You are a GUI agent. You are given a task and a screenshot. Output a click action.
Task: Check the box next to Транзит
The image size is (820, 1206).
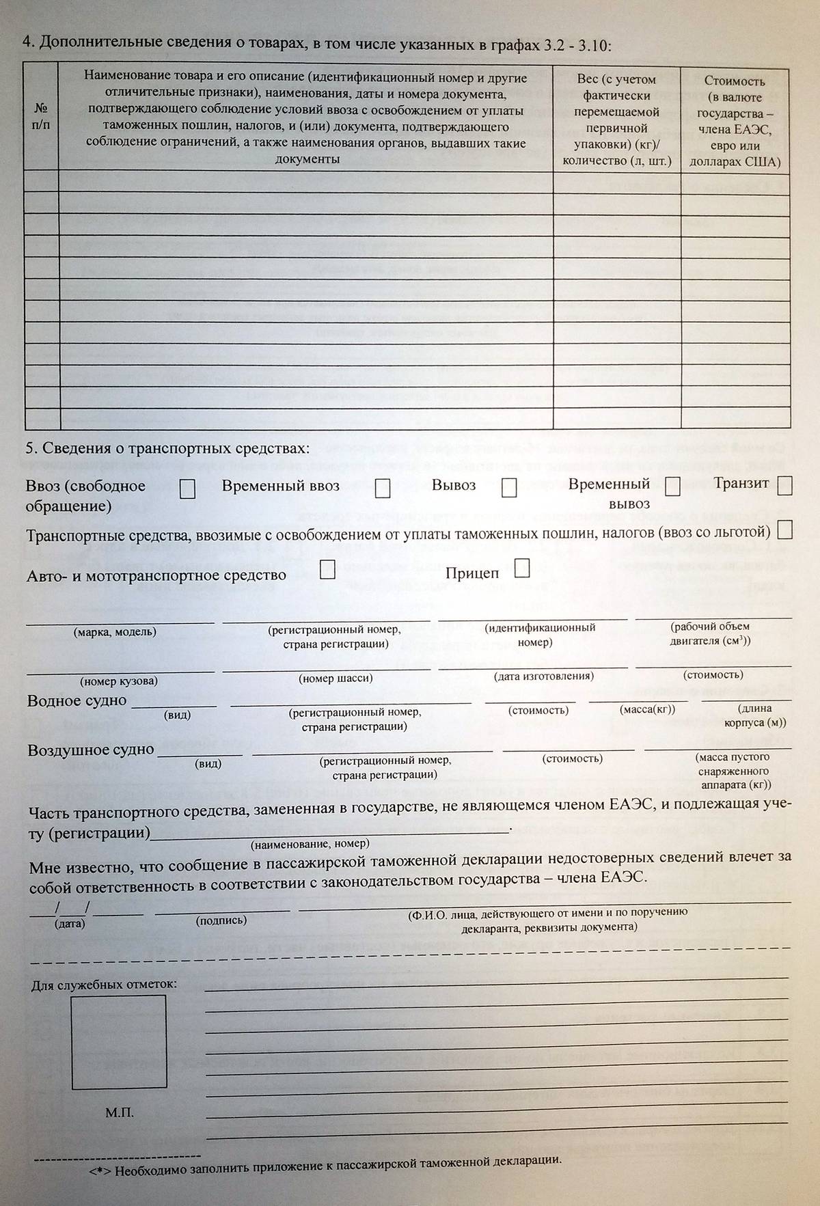(x=784, y=486)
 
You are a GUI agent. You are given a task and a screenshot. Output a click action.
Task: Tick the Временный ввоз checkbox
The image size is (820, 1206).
(x=383, y=489)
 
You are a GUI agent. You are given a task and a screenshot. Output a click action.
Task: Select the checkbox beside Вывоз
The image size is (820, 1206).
(x=509, y=488)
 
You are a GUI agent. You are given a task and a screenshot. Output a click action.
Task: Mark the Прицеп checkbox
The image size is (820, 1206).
(x=522, y=568)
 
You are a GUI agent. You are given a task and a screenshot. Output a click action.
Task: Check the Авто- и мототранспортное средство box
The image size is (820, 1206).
(x=328, y=571)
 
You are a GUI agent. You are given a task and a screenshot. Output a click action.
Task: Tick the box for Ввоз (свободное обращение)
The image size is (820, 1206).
(x=187, y=489)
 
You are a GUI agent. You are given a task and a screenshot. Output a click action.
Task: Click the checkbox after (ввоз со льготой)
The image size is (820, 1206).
(x=784, y=530)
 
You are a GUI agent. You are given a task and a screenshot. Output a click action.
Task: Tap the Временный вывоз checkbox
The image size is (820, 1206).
(x=673, y=486)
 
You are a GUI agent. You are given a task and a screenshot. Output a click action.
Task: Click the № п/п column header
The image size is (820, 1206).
(x=41, y=116)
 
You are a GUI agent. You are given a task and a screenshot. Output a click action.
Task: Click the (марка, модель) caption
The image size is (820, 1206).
(x=115, y=632)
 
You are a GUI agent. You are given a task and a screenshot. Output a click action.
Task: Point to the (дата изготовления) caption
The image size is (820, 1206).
(x=544, y=676)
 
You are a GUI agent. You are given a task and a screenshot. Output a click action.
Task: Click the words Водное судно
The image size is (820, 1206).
(x=77, y=701)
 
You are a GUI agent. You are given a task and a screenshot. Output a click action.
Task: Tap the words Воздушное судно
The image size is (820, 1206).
(x=90, y=750)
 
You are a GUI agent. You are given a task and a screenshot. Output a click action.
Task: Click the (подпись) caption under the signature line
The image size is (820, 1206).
(x=221, y=920)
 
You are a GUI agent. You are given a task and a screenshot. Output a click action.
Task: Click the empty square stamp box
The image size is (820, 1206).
(x=120, y=1042)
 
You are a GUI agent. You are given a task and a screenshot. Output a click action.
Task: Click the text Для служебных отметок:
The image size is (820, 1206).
(x=104, y=985)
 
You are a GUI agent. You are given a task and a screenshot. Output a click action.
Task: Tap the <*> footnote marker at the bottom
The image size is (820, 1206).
(x=100, y=1171)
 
